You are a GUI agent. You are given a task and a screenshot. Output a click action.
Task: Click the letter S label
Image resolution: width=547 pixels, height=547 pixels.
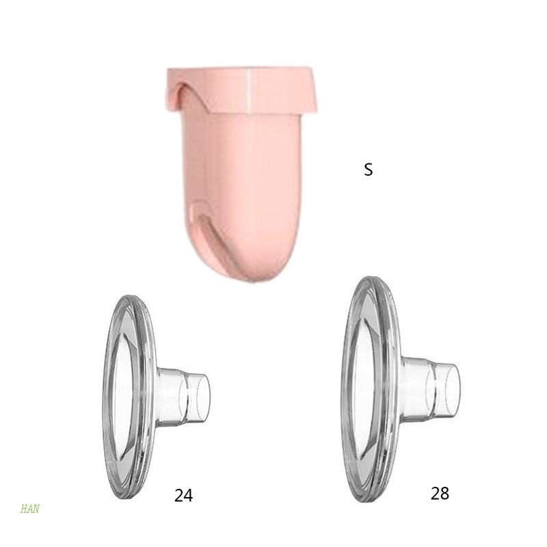(369, 170)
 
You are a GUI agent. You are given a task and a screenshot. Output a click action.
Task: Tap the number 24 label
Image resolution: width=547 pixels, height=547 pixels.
(183, 496)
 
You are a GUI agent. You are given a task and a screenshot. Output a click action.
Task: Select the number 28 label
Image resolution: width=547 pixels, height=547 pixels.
(440, 493)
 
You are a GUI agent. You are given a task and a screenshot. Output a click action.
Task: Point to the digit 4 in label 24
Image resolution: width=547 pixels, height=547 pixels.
(188, 496)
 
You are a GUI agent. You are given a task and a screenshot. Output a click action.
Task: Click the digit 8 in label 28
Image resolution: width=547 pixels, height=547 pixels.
(445, 493)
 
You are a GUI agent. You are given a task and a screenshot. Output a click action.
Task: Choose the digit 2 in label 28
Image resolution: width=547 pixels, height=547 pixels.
(436, 493)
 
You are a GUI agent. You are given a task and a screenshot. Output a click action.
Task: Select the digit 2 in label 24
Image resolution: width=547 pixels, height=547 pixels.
(178, 496)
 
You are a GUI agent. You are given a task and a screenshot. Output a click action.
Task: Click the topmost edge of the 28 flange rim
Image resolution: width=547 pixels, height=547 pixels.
(373, 278)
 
